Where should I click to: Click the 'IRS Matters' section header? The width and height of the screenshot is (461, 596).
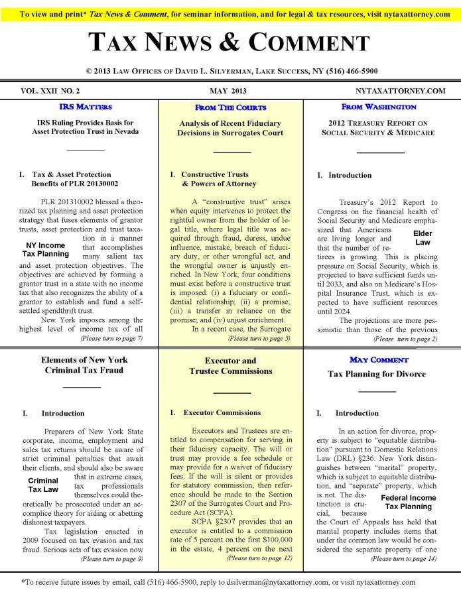[x=85, y=106]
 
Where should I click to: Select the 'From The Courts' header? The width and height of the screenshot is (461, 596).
[x=230, y=107]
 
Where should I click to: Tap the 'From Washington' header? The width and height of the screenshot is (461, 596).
[x=379, y=106]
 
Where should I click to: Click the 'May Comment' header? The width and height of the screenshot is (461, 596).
[x=379, y=359]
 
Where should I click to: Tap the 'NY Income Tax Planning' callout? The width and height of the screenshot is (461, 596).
[x=45, y=249]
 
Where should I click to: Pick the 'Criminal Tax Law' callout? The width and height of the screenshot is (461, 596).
[x=42, y=485]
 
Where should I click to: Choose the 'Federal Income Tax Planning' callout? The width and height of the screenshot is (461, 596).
[x=408, y=502]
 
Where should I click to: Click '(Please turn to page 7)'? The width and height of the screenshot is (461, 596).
[x=111, y=339]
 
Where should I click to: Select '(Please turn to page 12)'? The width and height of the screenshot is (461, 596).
[x=259, y=558]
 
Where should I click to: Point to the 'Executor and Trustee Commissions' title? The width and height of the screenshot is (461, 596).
[x=231, y=366]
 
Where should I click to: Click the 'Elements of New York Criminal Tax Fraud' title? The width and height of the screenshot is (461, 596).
[x=85, y=365]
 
